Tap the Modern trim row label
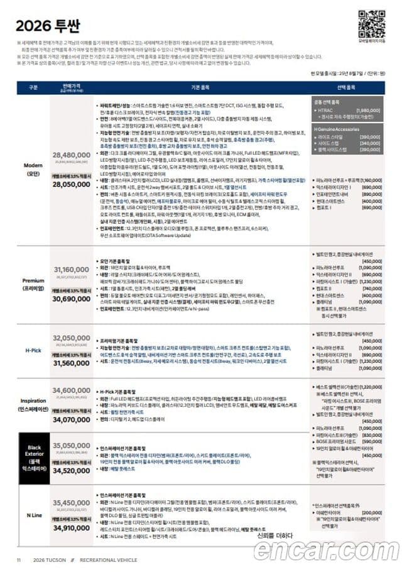click(33, 170)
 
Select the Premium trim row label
click(33, 284)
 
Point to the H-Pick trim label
click(33, 349)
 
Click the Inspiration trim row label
click(33, 405)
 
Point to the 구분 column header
click(33, 87)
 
